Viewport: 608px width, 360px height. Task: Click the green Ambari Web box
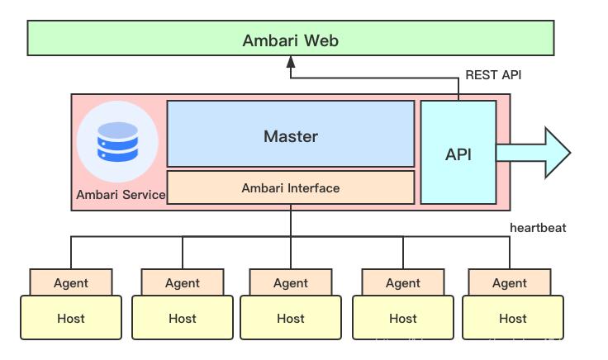click(290, 40)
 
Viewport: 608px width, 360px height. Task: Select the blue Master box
click(290, 135)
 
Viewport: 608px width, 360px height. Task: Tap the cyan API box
click(458, 153)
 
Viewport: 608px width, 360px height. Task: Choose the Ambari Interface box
click(290, 188)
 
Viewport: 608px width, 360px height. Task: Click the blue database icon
click(117, 141)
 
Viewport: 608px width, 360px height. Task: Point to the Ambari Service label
click(121, 196)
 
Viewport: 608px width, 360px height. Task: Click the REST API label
click(493, 75)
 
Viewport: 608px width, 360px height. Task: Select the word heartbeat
click(538, 228)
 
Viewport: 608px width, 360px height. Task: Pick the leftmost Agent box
click(71, 282)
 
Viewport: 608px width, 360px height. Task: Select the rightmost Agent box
click(510, 282)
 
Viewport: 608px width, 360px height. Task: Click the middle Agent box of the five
click(291, 282)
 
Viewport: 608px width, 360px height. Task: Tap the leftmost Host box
click(71, 318)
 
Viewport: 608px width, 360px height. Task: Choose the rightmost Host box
click(512, 318)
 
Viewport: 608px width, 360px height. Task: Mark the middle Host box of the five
click(291, 318)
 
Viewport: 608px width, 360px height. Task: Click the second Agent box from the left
click(182, 282)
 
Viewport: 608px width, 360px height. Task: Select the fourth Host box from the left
click(403, 318)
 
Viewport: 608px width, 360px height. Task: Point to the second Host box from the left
click(182, 318)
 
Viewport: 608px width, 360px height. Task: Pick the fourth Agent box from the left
click(403, 282)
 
